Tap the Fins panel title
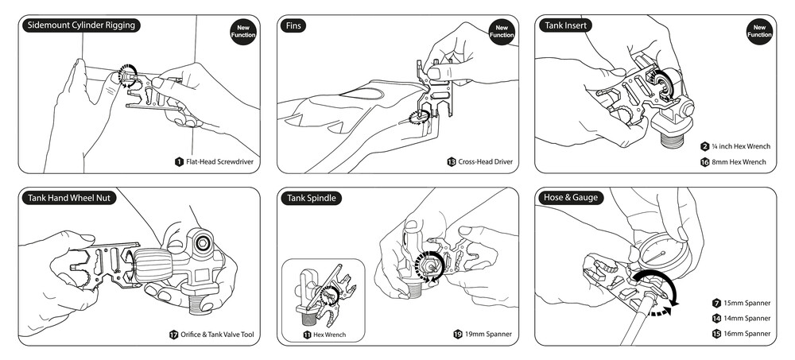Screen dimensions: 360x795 tap(293, 25)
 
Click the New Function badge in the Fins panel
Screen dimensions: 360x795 tap(501, 32)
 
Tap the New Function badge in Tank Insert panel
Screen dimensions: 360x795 tap(758, 32)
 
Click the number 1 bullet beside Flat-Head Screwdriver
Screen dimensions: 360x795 tap(180, 162)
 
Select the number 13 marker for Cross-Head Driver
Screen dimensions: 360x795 tap(452, 162)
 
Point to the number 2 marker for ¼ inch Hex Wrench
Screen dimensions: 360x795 tap(704, 146)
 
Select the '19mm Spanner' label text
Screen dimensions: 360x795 tap(487, 335)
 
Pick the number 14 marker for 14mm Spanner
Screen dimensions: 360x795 tap(715, 319)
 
